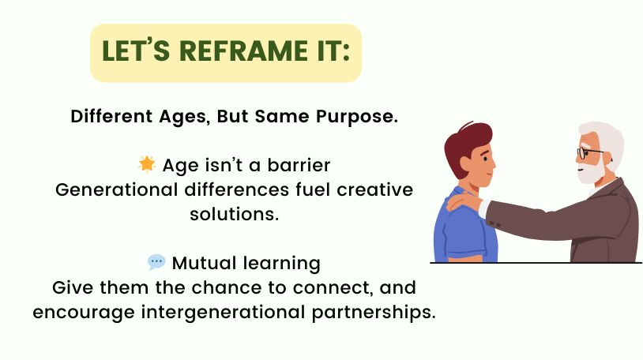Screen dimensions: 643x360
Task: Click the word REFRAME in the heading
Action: click(243, 51)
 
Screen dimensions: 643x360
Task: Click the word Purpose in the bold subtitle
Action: click(357, 116)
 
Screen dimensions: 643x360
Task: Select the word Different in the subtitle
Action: click(111, 116)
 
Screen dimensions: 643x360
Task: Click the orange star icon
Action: click(147, 164)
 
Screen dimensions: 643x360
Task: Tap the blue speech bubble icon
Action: click(156, 262)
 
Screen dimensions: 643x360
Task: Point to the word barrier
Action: click(299, 165)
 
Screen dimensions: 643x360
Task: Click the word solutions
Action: click(234, 214)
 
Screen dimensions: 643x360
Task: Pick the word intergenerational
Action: click(223, 313)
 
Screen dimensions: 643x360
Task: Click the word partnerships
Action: click(374, 313)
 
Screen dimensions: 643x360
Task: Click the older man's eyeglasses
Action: click(590, 153)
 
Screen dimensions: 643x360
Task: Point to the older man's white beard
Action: click(591, 171)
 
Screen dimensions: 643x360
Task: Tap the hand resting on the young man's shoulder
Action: click(464, 201)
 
